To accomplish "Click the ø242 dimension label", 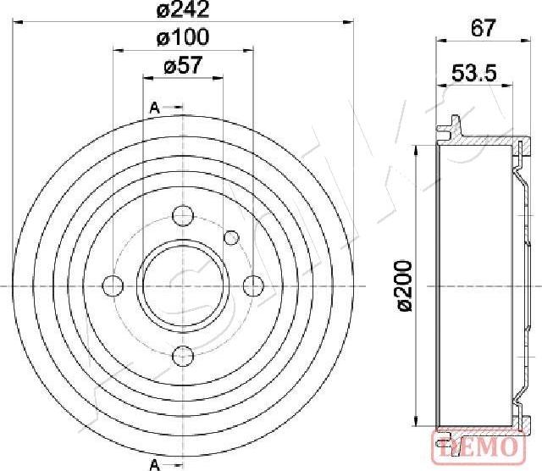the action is (183, 9).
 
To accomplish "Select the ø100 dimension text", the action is (183, 37).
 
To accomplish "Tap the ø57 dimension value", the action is (183, 65).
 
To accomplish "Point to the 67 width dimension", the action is (484, 28).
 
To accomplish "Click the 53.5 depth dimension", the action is (474, 73).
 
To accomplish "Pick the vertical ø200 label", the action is (403, 286).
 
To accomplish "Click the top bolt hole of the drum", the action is (183, 216).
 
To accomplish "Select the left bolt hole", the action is (113, 285).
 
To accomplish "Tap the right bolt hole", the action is (253, 286).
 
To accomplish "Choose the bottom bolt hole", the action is (183, 356).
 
